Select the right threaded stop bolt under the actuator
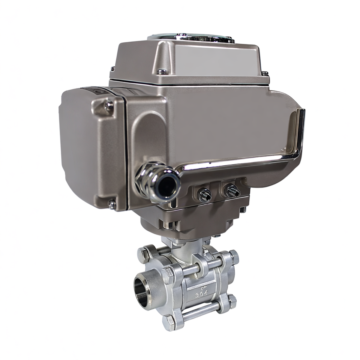pyautogui.click(x=232, y=192)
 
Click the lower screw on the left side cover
pyautogui.click(x=111, y=204)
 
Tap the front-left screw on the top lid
pyautogui.click(x=162, y=71)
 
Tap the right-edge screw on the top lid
pyautogui.click(x=265, y=73)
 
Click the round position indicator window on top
pyautogui.click(x=191, y=37)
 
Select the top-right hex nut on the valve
pyautogui.click(x=233, y=257)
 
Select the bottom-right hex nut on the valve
pyautogui.click(x=231, y=301)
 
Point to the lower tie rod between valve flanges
pyautogui.click(x=201, y=312)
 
